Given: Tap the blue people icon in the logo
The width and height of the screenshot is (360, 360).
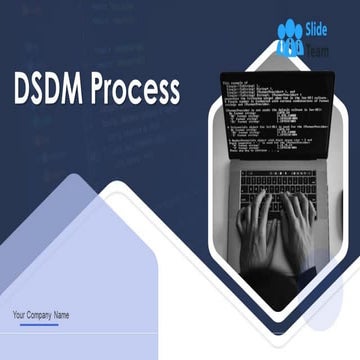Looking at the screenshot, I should [x=290, y=38].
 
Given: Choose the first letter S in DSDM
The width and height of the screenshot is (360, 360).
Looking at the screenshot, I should [x=38, y=91].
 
